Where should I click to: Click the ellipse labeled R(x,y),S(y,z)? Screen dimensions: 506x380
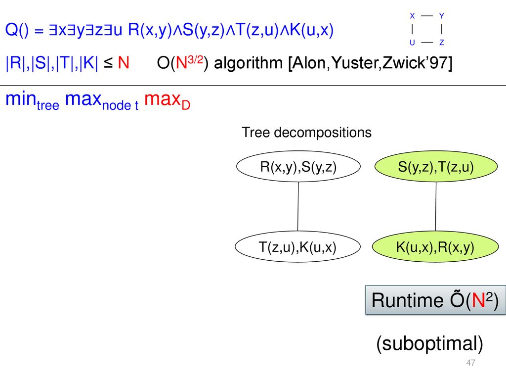point(298,166)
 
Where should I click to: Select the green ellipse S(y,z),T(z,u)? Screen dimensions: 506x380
point(436,166)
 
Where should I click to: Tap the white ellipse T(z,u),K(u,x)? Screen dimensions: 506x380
point(297,246)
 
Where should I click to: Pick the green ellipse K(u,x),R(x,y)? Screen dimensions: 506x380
point(435,246)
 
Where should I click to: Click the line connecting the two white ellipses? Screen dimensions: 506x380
point(298,206)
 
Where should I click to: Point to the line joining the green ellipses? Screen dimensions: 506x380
point(436,206)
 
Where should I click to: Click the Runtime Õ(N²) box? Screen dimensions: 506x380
point(435,300)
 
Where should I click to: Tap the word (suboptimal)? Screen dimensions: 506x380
point(429,343)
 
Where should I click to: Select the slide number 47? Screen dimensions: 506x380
point(470,363)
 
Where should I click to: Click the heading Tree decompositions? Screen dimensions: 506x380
point(306,133)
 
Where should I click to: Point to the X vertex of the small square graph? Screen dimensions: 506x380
point(412,16)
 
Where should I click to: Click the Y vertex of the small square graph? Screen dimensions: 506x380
point(442,16)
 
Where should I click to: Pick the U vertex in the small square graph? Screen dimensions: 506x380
point(412,43)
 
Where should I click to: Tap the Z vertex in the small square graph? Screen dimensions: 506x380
point(442,43)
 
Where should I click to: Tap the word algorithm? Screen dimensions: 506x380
point(249,63)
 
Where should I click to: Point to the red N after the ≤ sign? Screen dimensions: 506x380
point(124,63)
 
